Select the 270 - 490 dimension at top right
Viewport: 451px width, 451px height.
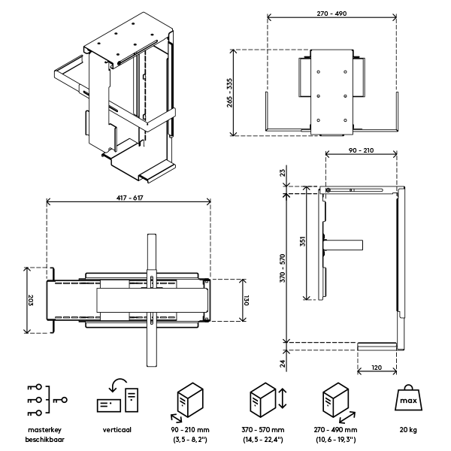coord(331,14)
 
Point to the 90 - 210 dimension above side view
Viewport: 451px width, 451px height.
coord(362,150)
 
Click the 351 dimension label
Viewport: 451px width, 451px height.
coord(302,242)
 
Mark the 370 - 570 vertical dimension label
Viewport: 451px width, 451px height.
coord(282,267)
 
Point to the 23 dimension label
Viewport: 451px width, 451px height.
coord(282,172)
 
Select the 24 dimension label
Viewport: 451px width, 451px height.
coord(282,364)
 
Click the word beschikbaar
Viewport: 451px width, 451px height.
coord(44,438)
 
